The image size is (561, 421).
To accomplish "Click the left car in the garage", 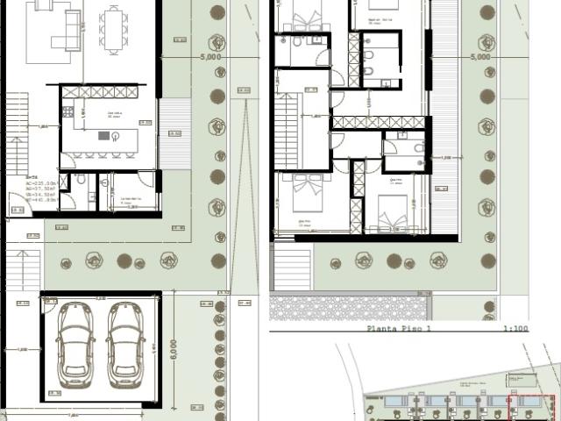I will (76, 344).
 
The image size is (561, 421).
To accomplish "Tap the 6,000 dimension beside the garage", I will (173, 350).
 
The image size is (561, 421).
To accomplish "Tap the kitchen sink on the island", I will (114, 135).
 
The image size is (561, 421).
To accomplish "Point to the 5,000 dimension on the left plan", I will (210, 56).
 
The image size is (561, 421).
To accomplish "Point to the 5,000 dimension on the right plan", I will (479, 56).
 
